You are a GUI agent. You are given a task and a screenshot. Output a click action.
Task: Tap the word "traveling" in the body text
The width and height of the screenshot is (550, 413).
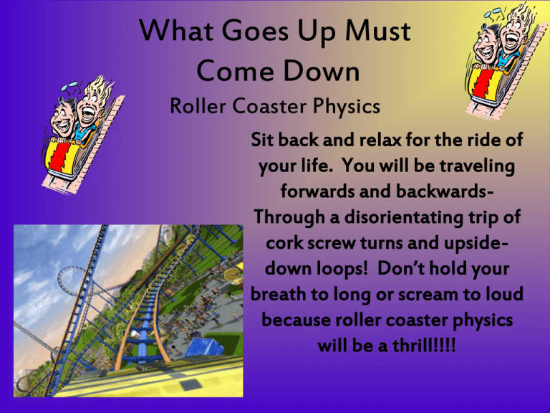pyautogui.click(x=476, y=167)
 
